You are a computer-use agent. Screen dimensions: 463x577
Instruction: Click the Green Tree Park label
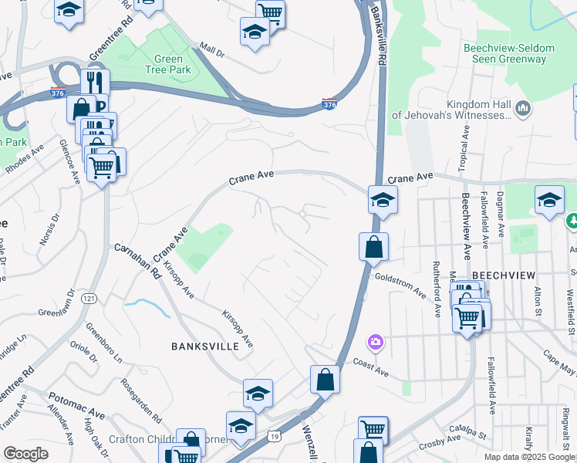pyautogui.click(x=169, y=65)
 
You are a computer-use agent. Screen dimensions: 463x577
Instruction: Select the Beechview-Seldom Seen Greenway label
pyautogui.click(x=508, y=53)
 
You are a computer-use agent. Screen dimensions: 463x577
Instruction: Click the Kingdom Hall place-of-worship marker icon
pyautogui.click(x=525, y=107)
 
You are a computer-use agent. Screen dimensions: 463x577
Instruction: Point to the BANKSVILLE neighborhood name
pyautogui.click(x=205, y=346)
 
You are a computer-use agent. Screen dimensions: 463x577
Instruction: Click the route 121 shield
pyautogui.click(x=91, y=298)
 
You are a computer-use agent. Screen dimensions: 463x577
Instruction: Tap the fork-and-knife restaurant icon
pyautogui.click(x=95, y=81)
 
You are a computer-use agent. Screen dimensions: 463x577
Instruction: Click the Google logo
pyautogui.click(x=25, y=454)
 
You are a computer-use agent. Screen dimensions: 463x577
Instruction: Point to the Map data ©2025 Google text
pyautogui.click(x=528, y=457)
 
